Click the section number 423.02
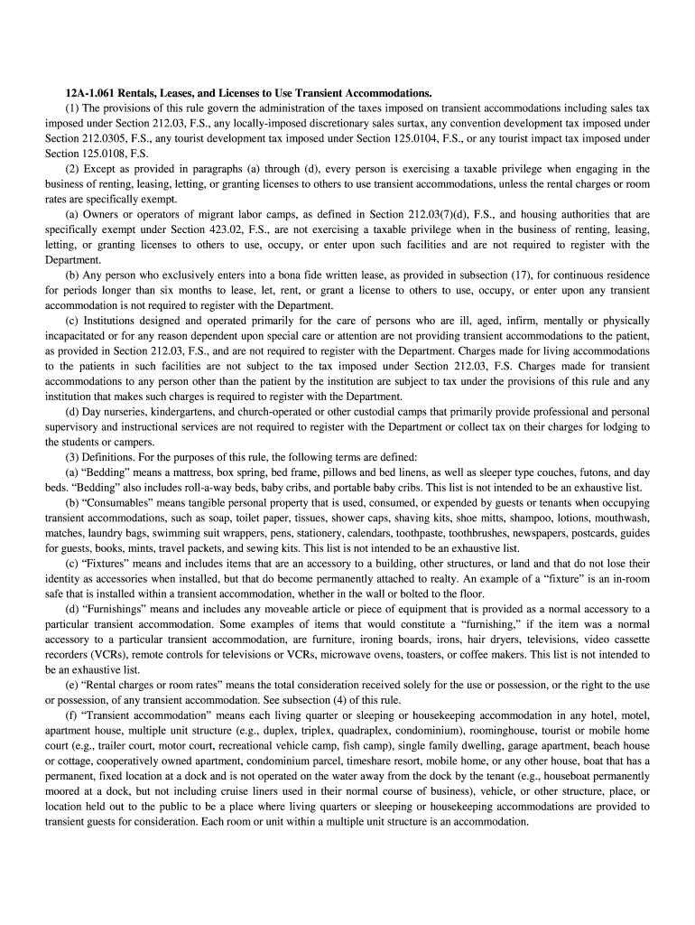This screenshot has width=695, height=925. click(236, 229)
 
